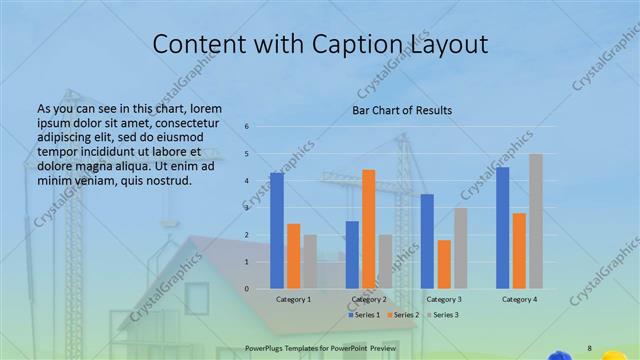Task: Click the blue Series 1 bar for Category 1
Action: pos(277,230)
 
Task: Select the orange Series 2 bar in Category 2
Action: pos(369,229)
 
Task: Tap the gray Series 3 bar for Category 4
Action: pos(536,221)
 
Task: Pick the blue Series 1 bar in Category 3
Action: pos(427,241)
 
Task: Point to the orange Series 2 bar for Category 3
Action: pos(444,264)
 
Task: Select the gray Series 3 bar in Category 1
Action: pos(310,262)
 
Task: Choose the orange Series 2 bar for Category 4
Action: pos(519,250)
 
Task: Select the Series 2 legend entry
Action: pos(402,315)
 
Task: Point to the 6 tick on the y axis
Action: pos(247,127)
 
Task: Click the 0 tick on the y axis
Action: pos(247,289)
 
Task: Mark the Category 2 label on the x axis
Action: pos(369,300)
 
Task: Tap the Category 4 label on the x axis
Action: pos(519,300)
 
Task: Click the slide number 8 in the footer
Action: pos(589,347)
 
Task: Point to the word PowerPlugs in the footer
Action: pos(266,347)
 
